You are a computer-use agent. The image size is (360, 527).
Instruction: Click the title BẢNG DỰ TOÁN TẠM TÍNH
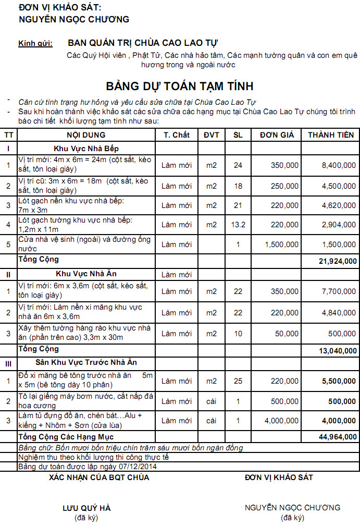pyautogui.click(x=180, y=86)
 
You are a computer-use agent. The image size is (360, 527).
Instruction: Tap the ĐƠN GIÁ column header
pyautogui.click(x=277, y=135)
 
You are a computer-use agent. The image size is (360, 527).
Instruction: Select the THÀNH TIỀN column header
pyautogui.click(x=331, y=135)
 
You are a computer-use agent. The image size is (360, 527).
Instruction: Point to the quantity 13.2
pyautogui.click(x=238, y=225)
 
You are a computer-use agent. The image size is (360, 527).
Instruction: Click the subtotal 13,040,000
pyautogui.click(x=338, y=351)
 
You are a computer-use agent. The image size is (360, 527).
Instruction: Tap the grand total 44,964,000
pyautogui.click(x=338, y=437)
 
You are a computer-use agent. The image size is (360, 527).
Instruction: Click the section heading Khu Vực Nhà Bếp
pyautogui.click(x=86, y=149)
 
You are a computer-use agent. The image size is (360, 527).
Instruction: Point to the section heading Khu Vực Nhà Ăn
pyautogui.click(x=86, y=273)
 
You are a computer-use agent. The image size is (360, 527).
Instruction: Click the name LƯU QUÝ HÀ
pyautogui.click(x=86, y=508)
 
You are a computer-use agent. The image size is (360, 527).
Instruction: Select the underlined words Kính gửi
pyautogui.click(x=35, y=43)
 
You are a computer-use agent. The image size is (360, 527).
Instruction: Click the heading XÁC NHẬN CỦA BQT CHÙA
pyautogui.click(x=99, y=477)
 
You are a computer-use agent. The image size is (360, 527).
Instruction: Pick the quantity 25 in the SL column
pyautogui.click(x=238, y=381)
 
